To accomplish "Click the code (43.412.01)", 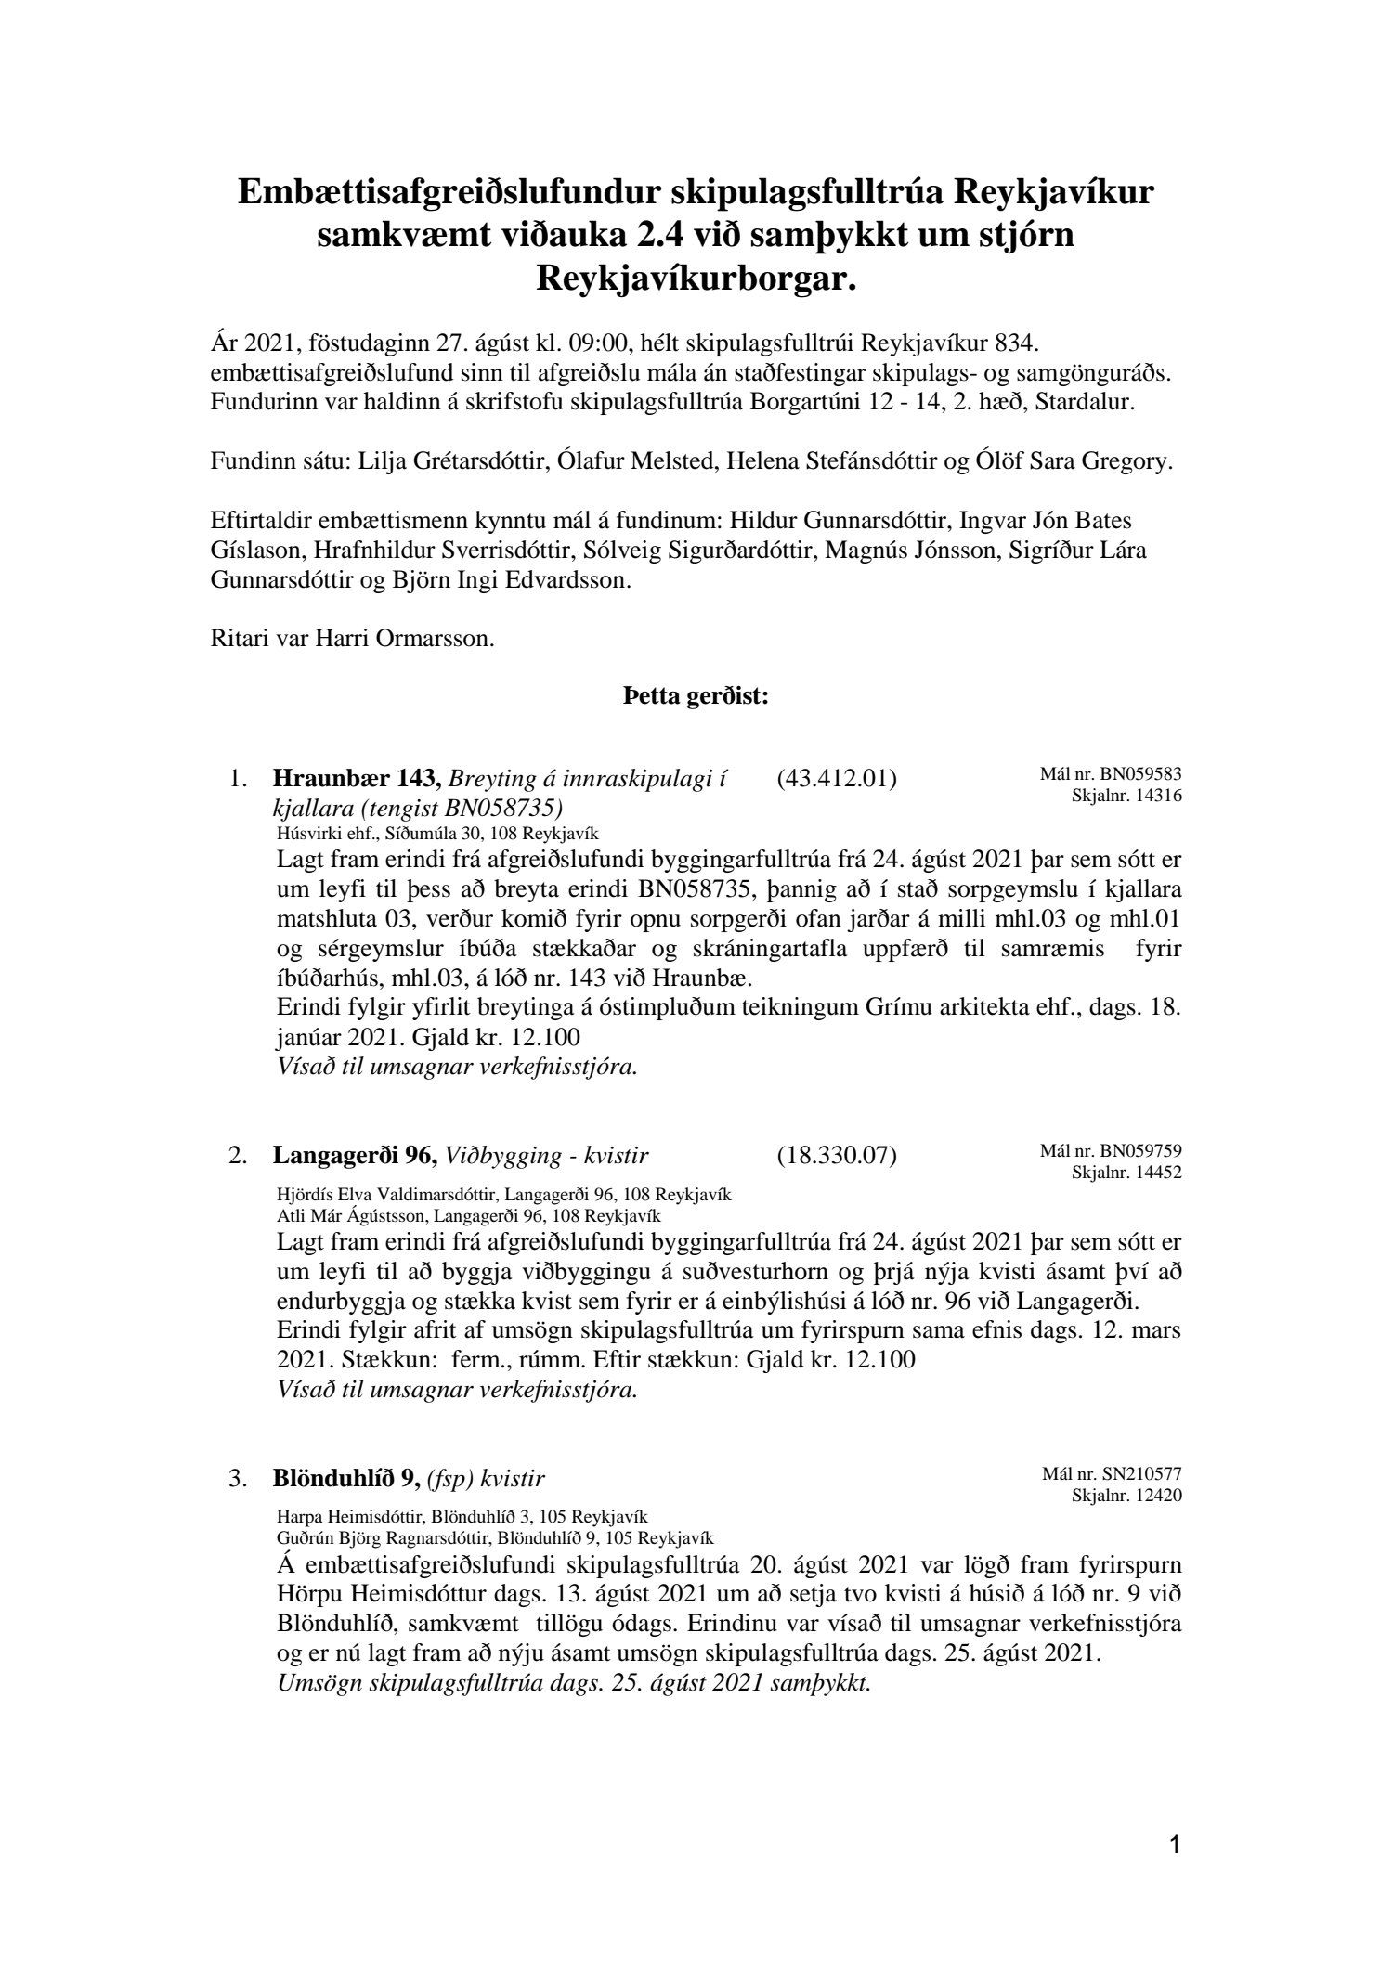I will tap(836, 779).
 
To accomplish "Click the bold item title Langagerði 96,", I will tap(355, 1156).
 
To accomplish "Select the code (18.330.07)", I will tap(836, 1156).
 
